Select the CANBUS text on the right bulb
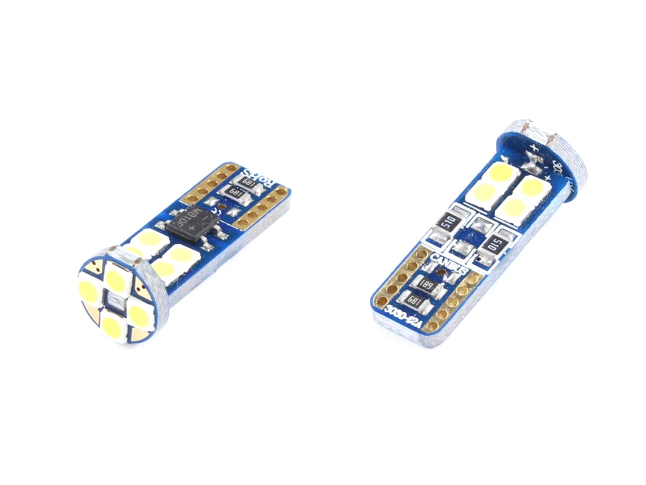coord(449,264)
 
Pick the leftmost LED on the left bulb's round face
coord(87,291)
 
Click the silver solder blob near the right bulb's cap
coord(533,162)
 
